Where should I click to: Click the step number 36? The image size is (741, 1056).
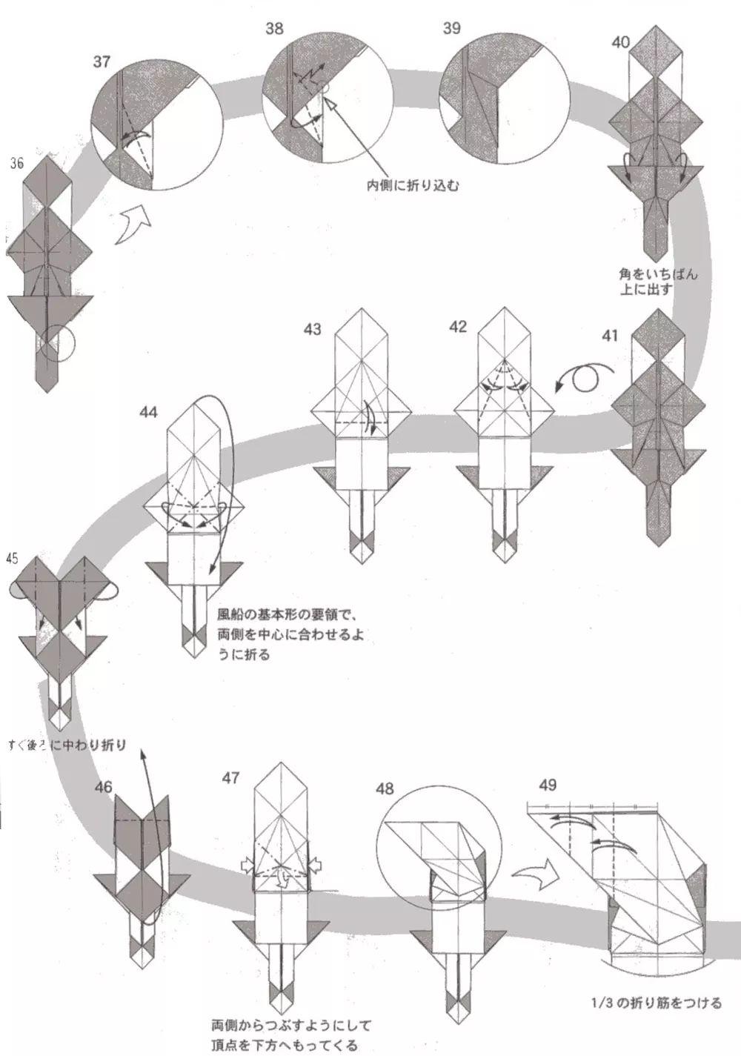18,163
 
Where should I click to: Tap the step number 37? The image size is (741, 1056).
102,62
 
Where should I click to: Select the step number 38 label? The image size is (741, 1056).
274,29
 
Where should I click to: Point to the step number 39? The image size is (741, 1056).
451,29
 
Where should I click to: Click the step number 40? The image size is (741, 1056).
621,42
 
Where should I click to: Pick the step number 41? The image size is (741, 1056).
609,336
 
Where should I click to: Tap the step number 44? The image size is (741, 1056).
148,413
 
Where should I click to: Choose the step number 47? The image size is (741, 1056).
230,777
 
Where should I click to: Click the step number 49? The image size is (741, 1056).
548,785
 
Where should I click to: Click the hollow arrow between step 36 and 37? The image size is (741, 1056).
132,225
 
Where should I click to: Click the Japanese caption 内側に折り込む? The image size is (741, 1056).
413,185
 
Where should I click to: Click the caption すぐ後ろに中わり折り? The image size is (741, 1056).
67,745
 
